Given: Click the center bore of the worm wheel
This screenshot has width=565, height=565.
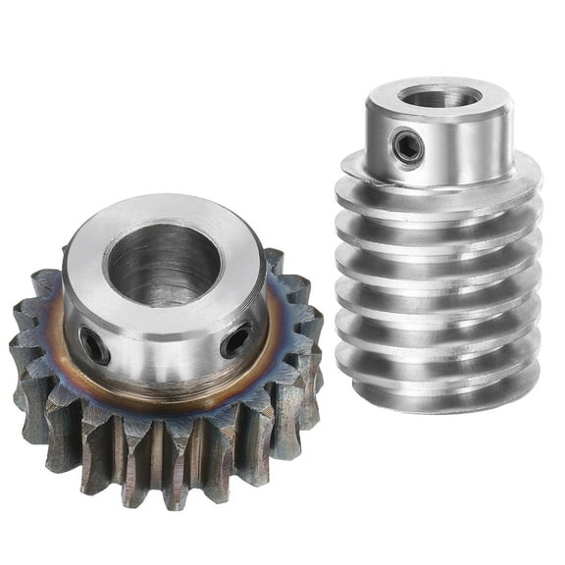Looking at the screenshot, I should point(163,265).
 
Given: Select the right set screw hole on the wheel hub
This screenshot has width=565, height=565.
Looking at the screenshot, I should point(236,340).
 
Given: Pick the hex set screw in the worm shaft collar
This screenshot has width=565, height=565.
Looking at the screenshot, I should point(408,147).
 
